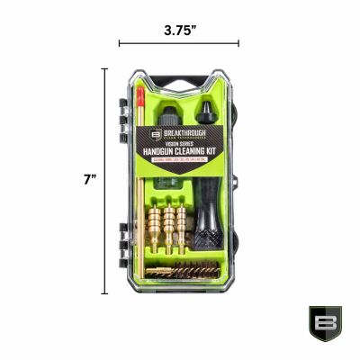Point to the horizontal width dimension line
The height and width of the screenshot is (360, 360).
pyautogui.click(x=179, y=42)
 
